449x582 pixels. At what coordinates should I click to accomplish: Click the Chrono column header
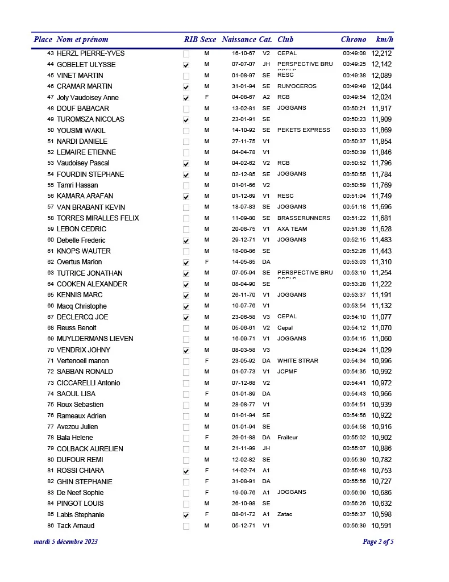[x=353, y=39]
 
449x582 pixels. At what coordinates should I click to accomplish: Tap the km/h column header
[x=384, y=39]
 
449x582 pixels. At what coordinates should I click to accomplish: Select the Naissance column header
[x=239, y=39]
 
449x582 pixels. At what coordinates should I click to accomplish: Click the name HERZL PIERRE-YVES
[x=90, y=53]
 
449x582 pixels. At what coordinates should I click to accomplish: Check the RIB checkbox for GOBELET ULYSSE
[x=186, y=65]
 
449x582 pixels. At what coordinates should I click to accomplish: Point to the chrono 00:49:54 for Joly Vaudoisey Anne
[x=354, y=97]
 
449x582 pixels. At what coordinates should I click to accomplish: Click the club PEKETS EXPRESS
[x=304, y=130]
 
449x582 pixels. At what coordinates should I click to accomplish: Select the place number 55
[x=51, y=185]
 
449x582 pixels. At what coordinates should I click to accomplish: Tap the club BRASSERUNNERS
[x=304, y=218]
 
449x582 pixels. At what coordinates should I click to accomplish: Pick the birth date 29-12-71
[x=243, y=240]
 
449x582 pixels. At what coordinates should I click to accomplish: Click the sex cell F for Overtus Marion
[x=206, y=262]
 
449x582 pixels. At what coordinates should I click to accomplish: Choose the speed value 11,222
[x=381, y=284]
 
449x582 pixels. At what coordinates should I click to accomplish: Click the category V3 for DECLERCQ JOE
[x=266, y=317]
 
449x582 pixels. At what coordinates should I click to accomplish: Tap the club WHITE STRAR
[x=297, y=361]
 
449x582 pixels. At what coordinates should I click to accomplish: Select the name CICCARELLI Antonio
[x=88, y=383]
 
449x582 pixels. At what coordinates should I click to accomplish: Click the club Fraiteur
[x=287, y=438]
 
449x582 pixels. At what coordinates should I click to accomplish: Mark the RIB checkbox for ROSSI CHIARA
[x=186, y=471]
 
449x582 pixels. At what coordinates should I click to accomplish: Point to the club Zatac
[x=285, y=514]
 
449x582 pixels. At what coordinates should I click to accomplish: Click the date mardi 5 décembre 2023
[x=65, y=542]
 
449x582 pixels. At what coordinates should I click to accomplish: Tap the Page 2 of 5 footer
[x=378, y=542]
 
